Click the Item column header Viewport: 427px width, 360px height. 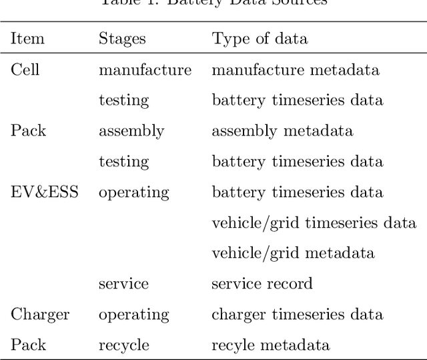point(27,39)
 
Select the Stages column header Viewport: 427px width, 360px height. point(123,39)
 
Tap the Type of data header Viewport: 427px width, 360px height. point(260,39)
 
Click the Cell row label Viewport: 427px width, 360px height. point(25,69)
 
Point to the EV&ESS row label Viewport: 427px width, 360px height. point(44,192)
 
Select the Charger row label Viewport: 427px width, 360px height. point(40,315)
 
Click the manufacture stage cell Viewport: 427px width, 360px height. point(145,69)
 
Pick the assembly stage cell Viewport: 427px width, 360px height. point(131,131)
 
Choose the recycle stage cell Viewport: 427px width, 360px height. point(124,345)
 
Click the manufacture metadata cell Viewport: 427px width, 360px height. point(296,69)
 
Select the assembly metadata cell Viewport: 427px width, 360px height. point(282,131)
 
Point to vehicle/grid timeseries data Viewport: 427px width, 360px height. point(314,223)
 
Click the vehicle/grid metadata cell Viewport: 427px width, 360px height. point(293,253)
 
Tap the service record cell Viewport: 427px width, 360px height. point(262,284)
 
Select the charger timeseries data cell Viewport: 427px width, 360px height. point(298,315)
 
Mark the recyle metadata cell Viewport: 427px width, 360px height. point(270,345)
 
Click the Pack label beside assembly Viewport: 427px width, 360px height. point(28,131)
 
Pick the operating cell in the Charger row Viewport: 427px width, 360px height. point(134,315)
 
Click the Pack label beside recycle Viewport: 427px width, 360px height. point(28,345)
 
